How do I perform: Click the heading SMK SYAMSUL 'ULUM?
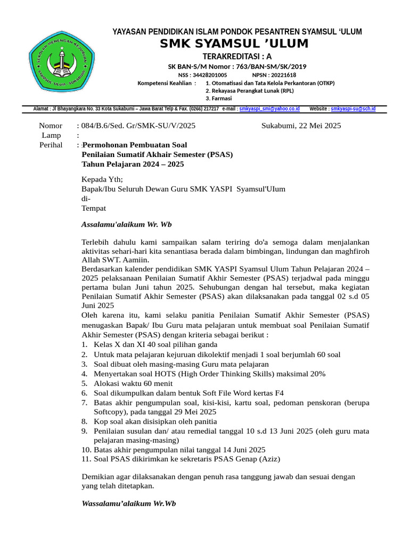point(234,44)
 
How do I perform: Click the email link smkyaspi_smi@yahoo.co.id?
point(269,109)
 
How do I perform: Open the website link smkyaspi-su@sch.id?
point(353,109)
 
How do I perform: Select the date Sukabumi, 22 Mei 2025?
point(301,126)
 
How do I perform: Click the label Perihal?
point(51,145)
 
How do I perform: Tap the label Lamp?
point(51,136)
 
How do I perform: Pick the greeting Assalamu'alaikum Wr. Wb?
point(126,224)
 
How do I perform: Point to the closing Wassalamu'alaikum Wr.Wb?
point(128,503)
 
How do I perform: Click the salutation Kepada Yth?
point(102,179)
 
